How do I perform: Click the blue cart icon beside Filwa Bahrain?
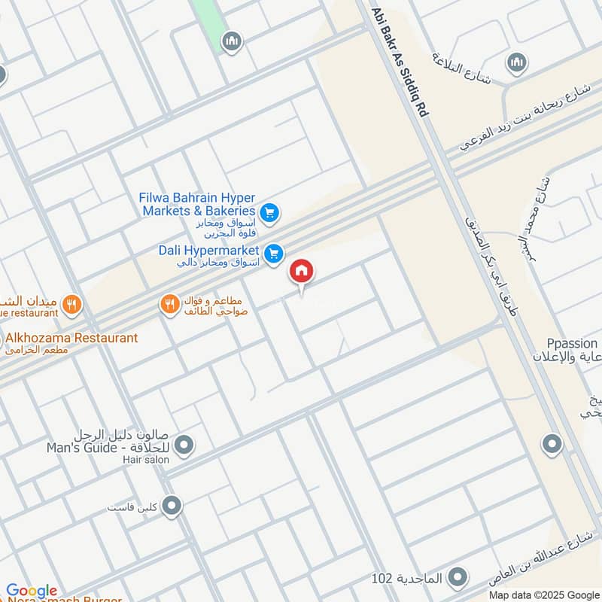click(271, 213)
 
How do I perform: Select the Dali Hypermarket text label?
click(208, 250)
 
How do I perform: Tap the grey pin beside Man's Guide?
click(184, 445)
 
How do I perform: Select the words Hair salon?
click(148, 459)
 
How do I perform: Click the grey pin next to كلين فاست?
click(172, 505)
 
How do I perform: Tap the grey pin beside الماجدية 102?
click(457, 578)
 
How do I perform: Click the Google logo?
click(32, 591)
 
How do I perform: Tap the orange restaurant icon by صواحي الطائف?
click(170, 304)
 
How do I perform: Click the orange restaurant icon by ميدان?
click(71, 304)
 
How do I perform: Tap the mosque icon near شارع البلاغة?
click(515, 61)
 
